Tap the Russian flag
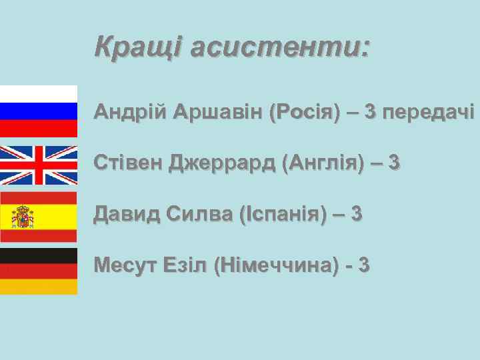pos(39,111)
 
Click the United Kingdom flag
pos(39,165)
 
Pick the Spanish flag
pos(39,217)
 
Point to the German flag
pos(39,271)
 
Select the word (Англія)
pos(322,162)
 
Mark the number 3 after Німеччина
pos(363,265)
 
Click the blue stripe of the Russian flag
pos(39,111)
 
